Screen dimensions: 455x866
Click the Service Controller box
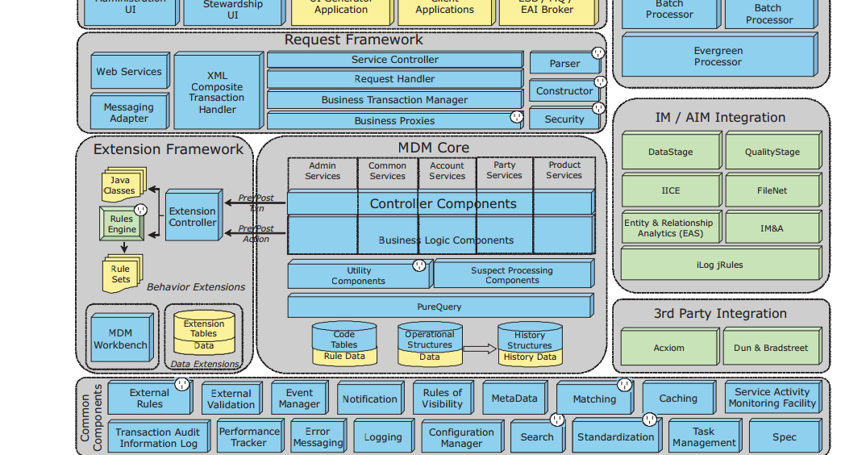[x=394, y=60]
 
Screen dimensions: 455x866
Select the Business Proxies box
[x=394, y=120]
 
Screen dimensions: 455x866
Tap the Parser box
[x=564, y=63]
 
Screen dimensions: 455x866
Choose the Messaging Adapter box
[x=129, y=112]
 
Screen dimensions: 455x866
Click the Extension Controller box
[x=193, y=215]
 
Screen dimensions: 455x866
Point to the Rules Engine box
[x=122, y=223]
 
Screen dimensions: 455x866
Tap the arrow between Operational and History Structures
[x=480, y=349]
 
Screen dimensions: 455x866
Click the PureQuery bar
[x=439, y=307]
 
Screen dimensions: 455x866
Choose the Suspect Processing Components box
[x=512, y=275]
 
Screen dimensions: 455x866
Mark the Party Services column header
[x=504, y=170]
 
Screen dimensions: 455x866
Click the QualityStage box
[x=772, y=152]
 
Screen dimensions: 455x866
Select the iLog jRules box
[x=719, y=265]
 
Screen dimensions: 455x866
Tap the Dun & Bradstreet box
[x=771, y=348]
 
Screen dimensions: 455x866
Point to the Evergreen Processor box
[x=718, y=56]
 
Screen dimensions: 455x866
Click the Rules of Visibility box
[x=442, y=399]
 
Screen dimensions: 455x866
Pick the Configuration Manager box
[x=461, y=437]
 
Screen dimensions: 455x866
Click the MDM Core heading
[x=433, y=148]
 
